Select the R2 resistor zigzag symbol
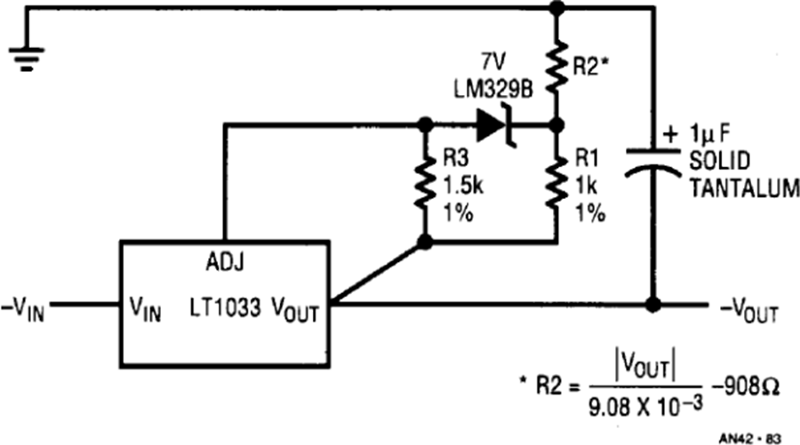click(557, 67)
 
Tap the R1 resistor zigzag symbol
click(557, 181)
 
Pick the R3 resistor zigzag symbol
click(425, 181)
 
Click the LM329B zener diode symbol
click(496, 125)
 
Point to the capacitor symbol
click(653, 162)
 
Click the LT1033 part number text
click(225, 307)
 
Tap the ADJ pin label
click(225, 262)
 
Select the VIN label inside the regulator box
click(146, 309)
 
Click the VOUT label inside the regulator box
click(295, 309)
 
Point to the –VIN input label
click(23, 309)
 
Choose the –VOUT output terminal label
click(749, 310)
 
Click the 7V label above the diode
click(493, 62)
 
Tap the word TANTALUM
click(744, 188)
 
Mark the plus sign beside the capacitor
click(670, 135)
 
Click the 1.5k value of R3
click(463, 186)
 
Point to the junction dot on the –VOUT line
click(653, 305)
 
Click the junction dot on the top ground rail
click(557, 8)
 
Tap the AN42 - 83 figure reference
click(750, 439)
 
